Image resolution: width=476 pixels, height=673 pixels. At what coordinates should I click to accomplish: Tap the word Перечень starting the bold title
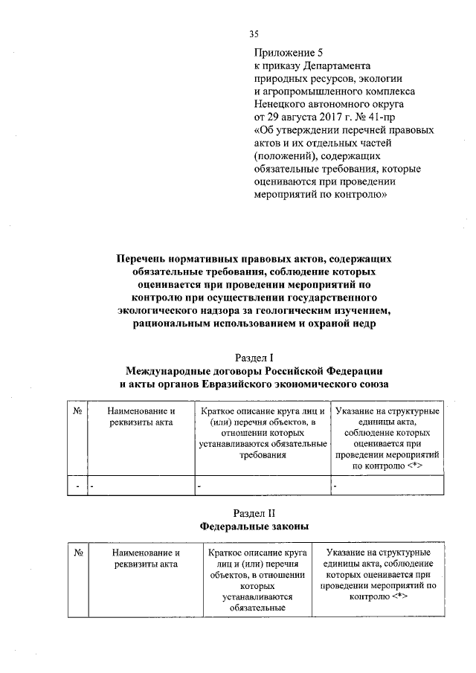coord(142,258)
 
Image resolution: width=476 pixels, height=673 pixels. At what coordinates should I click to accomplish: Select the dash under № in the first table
coord(77,486)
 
